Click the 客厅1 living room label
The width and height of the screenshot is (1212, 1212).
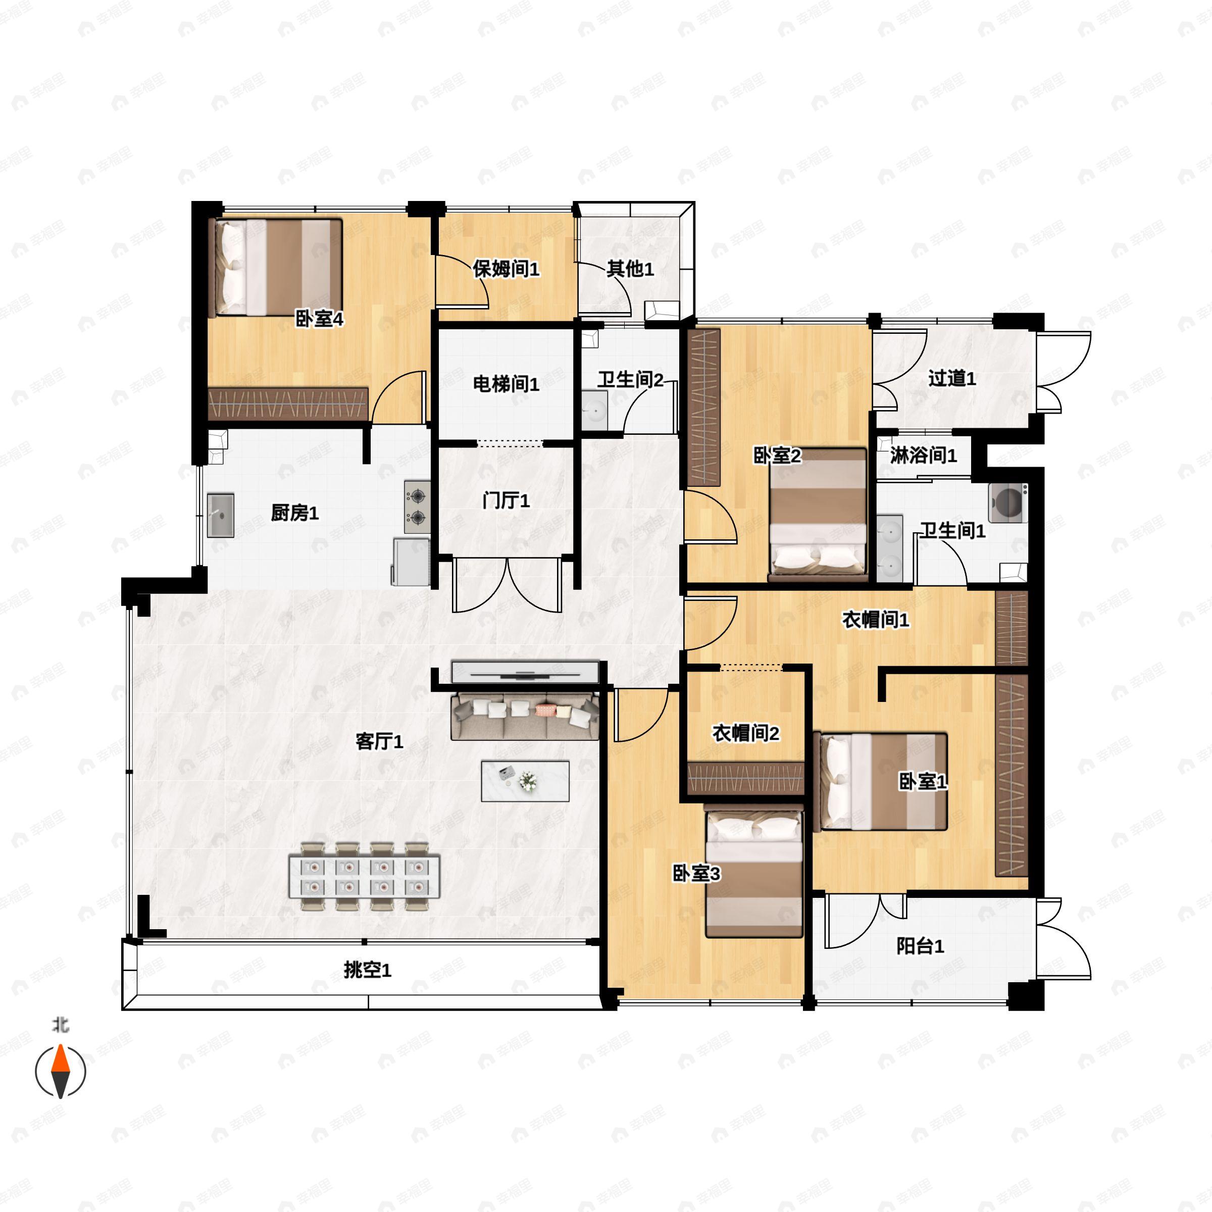pos(379,741)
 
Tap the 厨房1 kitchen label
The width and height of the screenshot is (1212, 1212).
pos(294,513)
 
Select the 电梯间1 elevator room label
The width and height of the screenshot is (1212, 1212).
pos(506,383)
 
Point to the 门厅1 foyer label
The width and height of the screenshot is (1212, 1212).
pos(506,500)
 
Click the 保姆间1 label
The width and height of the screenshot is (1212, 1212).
pos(506,269)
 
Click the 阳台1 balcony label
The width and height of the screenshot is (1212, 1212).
pos(920,945)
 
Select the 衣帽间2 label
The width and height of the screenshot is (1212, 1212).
pos(745,733)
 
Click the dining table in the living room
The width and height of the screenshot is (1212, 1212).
pos(364,876)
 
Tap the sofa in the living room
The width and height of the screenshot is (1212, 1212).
pos(525,716)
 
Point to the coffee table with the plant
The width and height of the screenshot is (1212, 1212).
pos(525,781)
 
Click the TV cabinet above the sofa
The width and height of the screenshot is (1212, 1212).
pos(525,671)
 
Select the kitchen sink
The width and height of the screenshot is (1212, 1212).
pos(221,515)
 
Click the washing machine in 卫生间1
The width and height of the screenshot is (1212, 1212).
pos(1007,502)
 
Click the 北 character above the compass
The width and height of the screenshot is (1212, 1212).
pos(60,1025)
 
